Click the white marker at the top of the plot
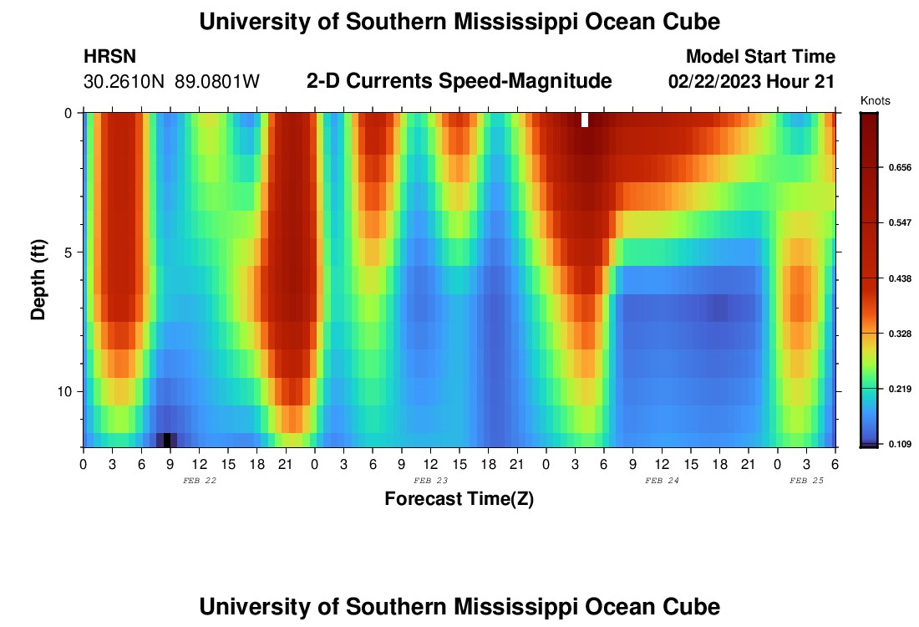point(585,120)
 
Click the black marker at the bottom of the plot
point(167,440)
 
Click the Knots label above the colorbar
point(875,101)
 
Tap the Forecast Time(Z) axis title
point(459,499)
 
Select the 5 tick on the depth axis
point(69,252)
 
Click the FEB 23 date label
point(431,481)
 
